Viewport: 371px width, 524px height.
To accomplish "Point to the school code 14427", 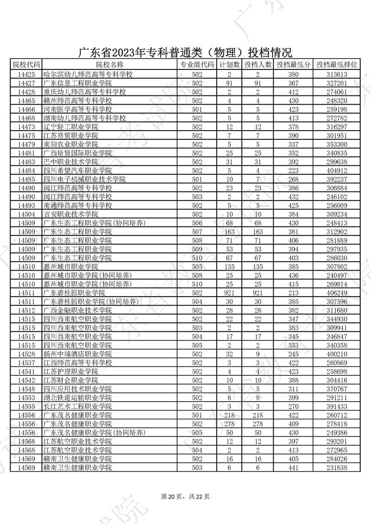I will click(x=26, y=83).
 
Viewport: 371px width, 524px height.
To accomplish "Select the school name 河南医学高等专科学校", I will click(x=77, y=109).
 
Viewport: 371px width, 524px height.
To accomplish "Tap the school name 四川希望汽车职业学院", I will click(x=77, y=170).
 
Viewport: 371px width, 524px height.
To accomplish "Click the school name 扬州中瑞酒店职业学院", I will click(x=77, y=354).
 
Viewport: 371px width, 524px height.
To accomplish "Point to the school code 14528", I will click(x=26, y=354).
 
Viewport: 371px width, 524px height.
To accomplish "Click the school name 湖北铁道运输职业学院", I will click(x=77, y=398).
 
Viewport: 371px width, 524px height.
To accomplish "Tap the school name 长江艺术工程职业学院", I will click(x=77, y=406).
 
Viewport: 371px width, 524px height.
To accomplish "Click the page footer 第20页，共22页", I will click(x=185, y=496).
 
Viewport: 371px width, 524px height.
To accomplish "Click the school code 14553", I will click(x=26, y=398).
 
